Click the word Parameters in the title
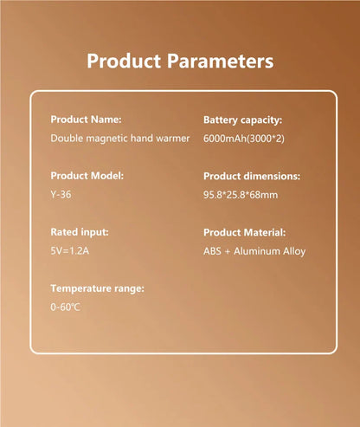(x=220, y=61)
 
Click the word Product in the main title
(x=124, y=61)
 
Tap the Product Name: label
(x=86, y=120)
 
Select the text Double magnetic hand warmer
(x=120, y=139)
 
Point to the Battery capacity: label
(x=242, y=120)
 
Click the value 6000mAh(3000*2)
(x=244, y=139)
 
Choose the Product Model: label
(x=87, y=176)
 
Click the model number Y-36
(x=61, y=195)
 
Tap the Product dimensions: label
(x=252, y=176)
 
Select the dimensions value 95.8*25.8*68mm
(x=241, y=195)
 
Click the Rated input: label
(x=80, y=232)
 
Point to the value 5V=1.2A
(x=69, y=251)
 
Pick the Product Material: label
(x=244, y=232)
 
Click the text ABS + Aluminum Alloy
(x=254, y=251)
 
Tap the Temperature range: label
(x=97, y=288)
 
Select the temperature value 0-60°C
(x=65, y=307)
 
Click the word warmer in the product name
(x=173, y=139)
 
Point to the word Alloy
(x=294, y=251)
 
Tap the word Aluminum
(x=257, y=251)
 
